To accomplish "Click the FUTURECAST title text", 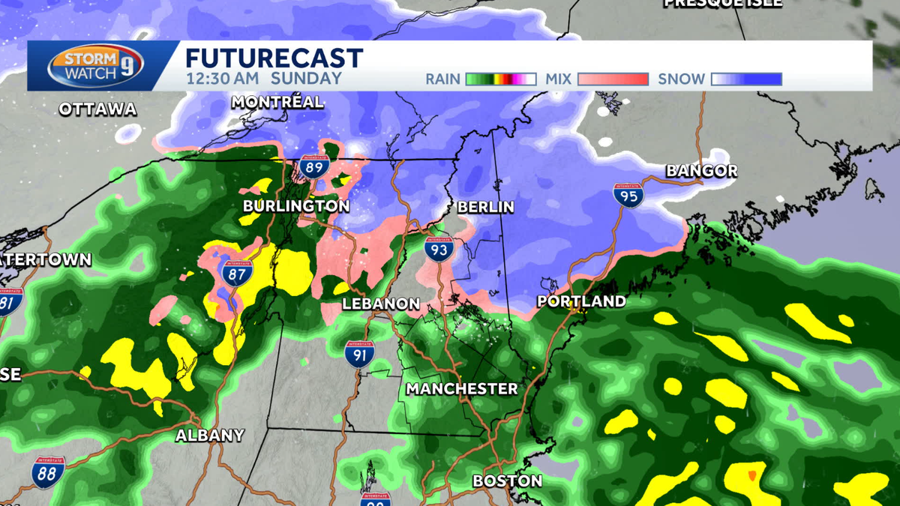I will point(274,58).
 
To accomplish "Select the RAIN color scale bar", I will point(501,79).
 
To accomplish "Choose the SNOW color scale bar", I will point(746,79).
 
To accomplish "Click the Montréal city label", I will point(277,102).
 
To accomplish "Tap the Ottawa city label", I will point(98,109).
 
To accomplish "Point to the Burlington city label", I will point(295,206).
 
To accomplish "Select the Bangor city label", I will point(702,172).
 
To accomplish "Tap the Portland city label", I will point(581,301).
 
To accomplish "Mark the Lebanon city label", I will point(380,304).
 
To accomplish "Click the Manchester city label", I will point(461,389).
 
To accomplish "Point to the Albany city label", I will point(210,436).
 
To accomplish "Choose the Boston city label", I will point(507,481).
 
